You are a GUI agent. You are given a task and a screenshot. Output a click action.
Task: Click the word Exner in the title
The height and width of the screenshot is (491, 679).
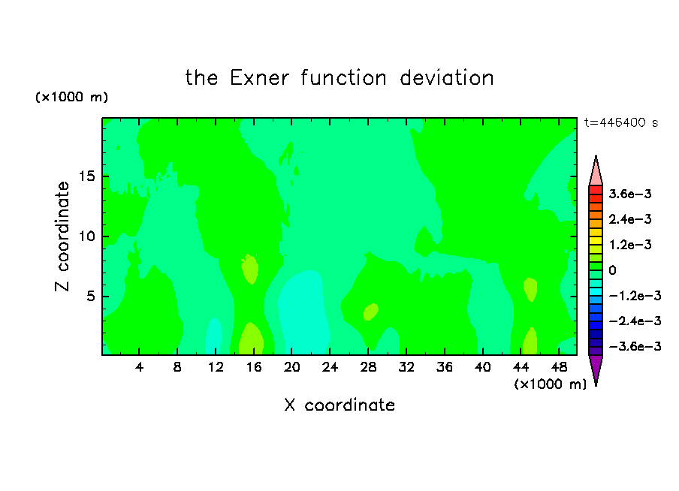coord(259,78)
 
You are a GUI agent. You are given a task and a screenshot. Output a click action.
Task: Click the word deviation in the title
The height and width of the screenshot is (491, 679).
coord(446,78)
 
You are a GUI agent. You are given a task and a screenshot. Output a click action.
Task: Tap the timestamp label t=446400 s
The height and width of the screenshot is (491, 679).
coord(621,123)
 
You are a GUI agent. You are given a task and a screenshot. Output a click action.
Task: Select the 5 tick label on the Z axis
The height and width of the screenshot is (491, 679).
coord(90,296)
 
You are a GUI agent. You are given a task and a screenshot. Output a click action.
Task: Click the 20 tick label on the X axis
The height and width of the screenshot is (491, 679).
coord(292,367)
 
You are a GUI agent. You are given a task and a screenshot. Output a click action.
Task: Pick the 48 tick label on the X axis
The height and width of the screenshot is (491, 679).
coord(559,367)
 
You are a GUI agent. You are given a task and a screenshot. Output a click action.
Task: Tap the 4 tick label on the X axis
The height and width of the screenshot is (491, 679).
coord(139,367)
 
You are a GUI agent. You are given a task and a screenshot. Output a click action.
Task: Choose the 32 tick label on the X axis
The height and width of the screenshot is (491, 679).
coord(406,367)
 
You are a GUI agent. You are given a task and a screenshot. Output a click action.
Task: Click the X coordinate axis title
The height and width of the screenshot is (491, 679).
coord(339,405)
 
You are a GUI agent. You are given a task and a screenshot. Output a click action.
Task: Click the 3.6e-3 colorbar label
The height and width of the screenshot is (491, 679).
coord(630,194)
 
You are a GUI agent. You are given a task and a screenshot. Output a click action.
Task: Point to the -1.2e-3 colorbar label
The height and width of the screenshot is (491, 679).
coord(635,296)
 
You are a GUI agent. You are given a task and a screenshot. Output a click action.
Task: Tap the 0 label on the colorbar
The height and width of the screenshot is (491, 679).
coord(612,270)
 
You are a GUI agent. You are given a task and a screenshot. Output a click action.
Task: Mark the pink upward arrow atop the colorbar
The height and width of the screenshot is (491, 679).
coord(596,170)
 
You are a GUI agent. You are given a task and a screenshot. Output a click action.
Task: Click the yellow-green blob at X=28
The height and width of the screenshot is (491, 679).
coord(371,312)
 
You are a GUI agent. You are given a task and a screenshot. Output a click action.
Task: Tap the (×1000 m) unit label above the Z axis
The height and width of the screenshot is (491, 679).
coord(72,97)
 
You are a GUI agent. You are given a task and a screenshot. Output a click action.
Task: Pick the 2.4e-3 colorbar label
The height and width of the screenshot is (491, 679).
coord(630,219)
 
